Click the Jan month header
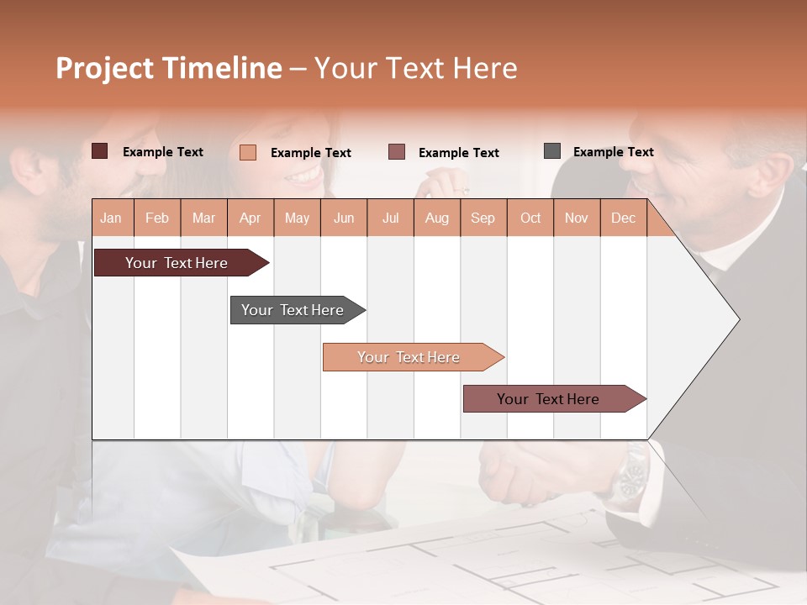point(111,218)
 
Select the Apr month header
point(250,218)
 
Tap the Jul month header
point(390,218)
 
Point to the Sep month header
point(483,218)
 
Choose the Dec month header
point(623,218)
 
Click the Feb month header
point(157,218)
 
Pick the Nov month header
point(576,218)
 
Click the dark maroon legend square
point(99,151)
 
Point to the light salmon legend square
point(247,152)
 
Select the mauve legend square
point(397,152)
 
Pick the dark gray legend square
point(552,151)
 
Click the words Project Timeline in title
point(169,68)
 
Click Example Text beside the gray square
point(613,152)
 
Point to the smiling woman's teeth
point(303,176)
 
